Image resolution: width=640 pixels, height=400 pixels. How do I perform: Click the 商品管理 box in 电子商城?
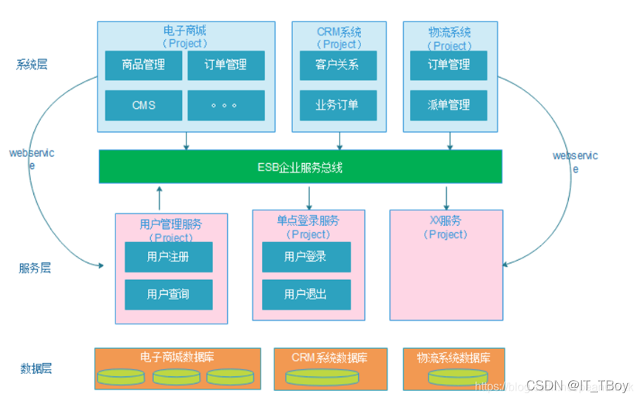point(143,65)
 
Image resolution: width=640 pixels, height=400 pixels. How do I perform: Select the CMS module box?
point(143,105)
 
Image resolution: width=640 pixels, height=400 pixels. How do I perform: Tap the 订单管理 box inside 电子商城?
point(226,65)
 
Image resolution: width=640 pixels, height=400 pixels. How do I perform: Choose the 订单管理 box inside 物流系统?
point(449,65)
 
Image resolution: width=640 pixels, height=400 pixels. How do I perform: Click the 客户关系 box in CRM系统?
point(338,65)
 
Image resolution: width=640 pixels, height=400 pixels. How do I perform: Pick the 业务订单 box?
point(338,105)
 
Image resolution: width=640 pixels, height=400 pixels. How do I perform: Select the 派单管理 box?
point(449,105)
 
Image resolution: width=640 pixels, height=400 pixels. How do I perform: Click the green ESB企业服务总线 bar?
point(300,167)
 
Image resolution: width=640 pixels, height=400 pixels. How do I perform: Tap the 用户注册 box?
point(169,257)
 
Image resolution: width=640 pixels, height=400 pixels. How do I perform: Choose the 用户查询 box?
point(169,294)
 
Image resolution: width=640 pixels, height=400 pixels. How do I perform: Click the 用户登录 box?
point(306,257)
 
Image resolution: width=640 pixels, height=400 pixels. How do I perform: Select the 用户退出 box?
point(306,294)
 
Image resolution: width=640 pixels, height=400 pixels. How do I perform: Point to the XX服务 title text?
point(445,221)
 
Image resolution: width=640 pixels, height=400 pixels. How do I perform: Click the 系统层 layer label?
point(32,64)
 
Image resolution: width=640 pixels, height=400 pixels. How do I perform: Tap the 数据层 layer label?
point(36,368)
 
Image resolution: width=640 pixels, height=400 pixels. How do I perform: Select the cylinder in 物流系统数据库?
point(453,377)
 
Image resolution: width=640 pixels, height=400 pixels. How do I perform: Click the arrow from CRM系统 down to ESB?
point(340,140)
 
